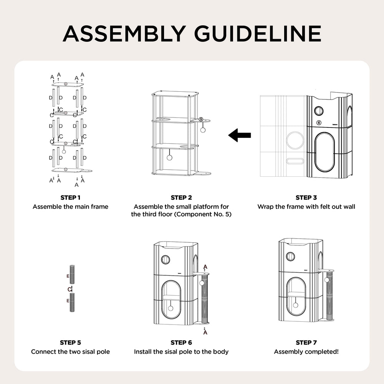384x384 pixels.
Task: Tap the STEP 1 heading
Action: point(70,198)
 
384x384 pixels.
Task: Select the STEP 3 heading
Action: point(306,198)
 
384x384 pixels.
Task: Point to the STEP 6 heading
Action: point(181,343)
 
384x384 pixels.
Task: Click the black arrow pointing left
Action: point(240,135)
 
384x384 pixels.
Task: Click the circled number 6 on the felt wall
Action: point(319,122)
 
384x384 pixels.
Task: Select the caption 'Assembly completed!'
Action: point(306,352)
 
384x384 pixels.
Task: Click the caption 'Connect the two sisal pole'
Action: point(70,352)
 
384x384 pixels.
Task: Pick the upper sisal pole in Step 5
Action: point(72,275)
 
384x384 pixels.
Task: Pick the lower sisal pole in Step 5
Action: point(72,303)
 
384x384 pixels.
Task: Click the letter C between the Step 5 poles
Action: point(70,289)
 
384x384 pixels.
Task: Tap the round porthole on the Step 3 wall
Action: point(318,111)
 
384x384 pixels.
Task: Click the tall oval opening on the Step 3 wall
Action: point(324,152)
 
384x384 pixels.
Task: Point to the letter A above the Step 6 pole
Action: point(205,267)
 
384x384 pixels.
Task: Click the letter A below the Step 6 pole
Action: point(205,333)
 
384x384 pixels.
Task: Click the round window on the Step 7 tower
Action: point(290,256)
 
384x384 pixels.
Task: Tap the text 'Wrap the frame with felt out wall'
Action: point(306,207)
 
